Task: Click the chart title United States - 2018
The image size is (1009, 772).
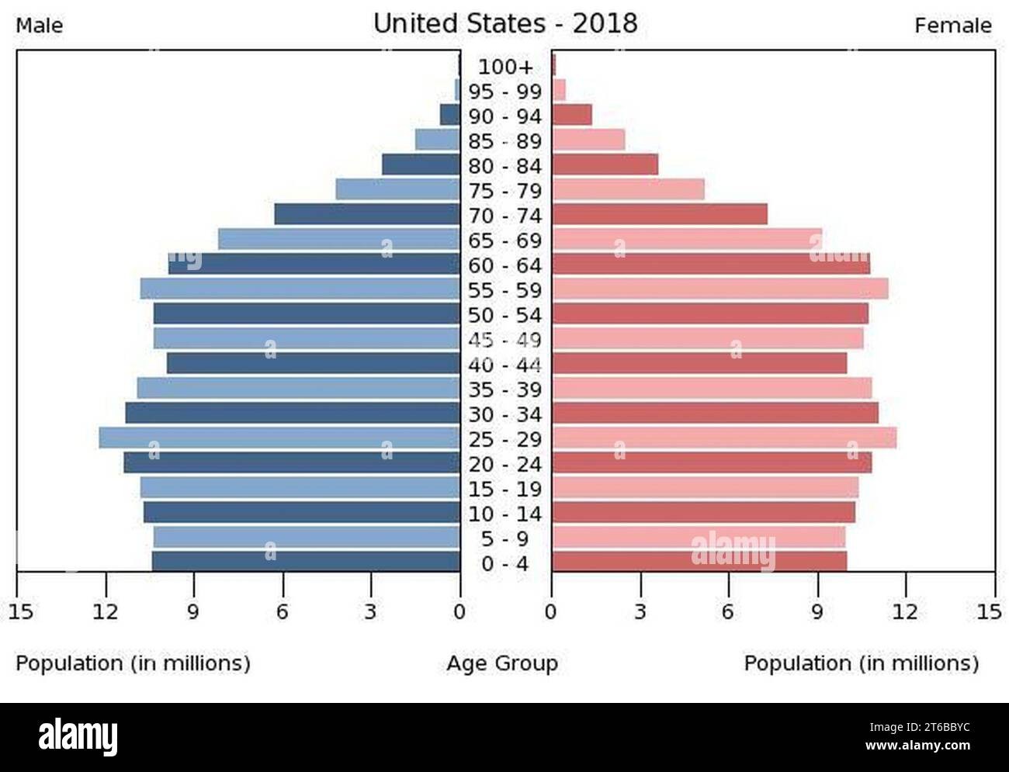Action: coord(505,23)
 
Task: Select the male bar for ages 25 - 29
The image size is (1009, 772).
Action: coord(279,438)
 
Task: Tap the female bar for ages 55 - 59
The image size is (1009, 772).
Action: coord(719,289)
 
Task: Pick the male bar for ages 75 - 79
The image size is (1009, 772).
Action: coord(397,190)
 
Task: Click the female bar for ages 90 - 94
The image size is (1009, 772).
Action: coord(571,116)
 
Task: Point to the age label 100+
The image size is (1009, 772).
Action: coord(505,67)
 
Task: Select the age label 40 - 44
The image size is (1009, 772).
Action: coord(505,365)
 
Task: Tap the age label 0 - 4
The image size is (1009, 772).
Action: coord(505,563)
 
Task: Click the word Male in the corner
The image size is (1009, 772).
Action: coord(40,26)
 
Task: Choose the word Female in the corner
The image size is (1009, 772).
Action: coord(952,26)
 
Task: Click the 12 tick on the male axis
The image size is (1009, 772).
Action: coord(105,612)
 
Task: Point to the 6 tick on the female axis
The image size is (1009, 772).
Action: coord(727,612)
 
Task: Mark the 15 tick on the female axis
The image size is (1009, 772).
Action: coord(989,612)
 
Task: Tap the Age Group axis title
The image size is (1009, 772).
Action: coord(502,663)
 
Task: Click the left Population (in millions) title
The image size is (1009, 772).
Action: coord(133,663)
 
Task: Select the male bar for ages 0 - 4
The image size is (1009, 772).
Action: coord(306,562)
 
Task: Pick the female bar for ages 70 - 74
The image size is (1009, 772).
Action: coord(659,215)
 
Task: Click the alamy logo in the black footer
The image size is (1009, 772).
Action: coord(78,735)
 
